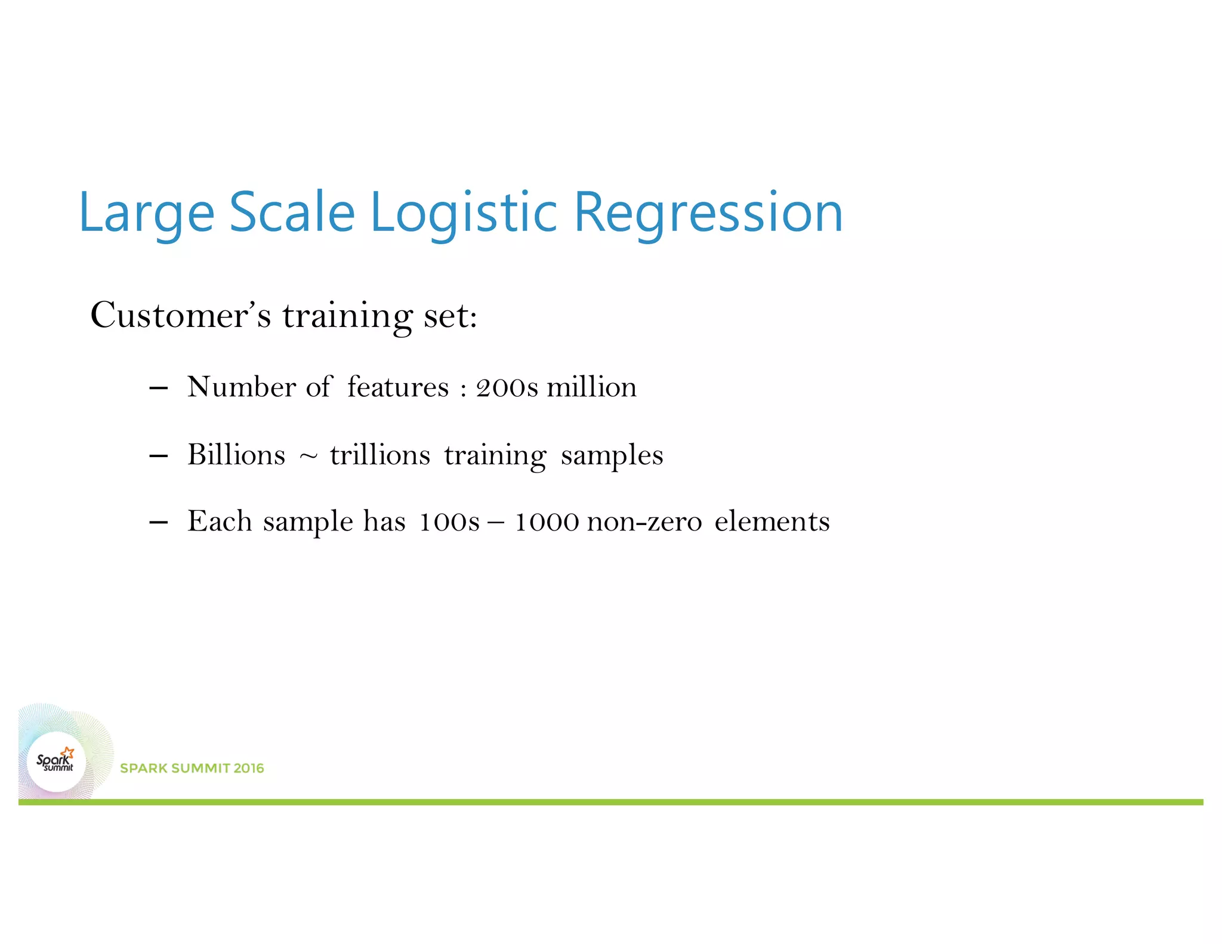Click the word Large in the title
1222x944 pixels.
(x=146, y=213)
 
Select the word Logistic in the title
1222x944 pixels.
(x=464, y=213)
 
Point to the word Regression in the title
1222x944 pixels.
(x=708, y=213)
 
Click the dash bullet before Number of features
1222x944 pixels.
(x=158, y=388)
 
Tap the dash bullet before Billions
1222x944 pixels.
(x=158, y=456)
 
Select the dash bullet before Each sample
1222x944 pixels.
(x=158, y=523)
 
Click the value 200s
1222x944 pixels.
(x=507, y=388)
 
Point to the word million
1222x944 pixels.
(x=591, y=387)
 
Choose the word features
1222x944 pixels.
(x=397, y=387)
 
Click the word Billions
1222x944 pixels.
(x=236, y=455)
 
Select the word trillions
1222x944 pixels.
(x=379, y=455)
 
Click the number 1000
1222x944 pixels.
(x=547, y=523)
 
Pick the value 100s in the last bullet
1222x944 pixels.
(x=449, y=523)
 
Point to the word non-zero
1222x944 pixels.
(x=644, y=523)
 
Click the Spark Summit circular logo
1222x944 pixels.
(x=56, y=762)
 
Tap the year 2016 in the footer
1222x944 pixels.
(x=249, y=769)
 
